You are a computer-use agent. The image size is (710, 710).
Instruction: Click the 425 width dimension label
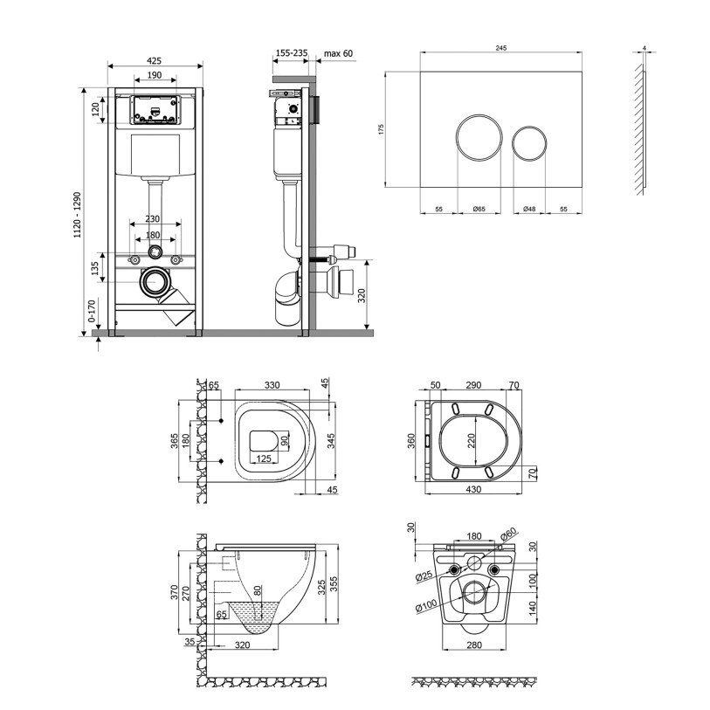point(155,60)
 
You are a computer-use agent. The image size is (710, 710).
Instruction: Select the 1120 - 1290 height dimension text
point(78,215)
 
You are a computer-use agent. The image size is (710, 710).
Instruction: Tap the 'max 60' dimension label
point(338,53)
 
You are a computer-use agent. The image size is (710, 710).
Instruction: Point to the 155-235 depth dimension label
point(292,53)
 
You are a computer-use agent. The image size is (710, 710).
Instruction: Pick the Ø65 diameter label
point(479,210)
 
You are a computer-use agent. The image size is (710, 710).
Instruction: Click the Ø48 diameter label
point(529,210)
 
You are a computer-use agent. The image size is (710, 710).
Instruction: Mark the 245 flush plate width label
point(501,47)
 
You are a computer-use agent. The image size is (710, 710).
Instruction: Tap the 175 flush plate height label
point(381,129)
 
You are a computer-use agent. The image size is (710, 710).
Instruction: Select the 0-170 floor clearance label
point(92,311)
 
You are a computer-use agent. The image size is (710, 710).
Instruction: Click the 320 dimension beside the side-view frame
point(362,296)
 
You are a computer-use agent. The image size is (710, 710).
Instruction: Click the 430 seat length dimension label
point(473,489)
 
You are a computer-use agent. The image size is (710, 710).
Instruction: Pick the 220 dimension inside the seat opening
point(472,440)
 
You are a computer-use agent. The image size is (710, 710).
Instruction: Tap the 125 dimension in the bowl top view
point(264,458)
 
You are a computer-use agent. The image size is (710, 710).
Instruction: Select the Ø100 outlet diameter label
point(426,605)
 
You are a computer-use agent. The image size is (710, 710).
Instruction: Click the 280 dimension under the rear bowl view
point(474,645)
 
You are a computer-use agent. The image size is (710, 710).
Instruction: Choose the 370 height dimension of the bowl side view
point(175,593)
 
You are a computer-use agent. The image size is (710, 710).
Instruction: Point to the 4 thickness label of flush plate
point(645,47)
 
